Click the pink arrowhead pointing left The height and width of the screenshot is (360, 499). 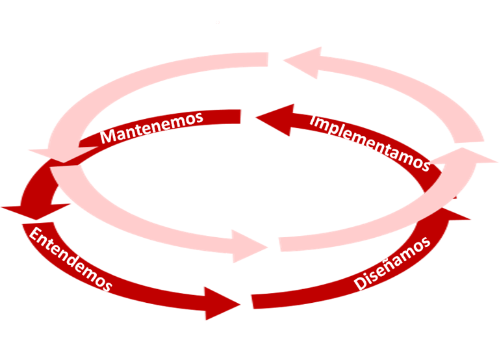302,62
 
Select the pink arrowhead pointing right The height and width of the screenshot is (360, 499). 249,244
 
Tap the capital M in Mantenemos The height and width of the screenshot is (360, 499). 109,137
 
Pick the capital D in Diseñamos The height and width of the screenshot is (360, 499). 361,283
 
